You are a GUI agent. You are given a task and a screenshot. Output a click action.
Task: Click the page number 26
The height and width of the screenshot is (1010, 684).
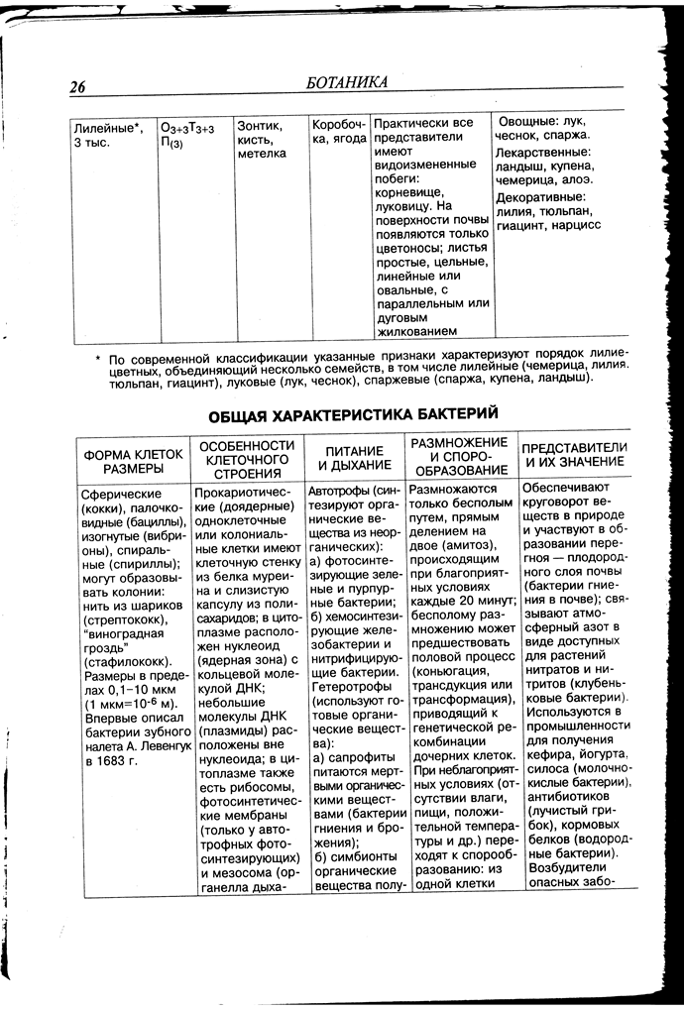(x=78, y=87)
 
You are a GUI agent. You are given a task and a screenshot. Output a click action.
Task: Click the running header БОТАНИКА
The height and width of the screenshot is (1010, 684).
(x=347, y=82)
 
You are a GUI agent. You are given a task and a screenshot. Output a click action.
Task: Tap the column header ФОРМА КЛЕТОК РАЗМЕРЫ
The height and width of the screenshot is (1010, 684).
(x=133, y=460)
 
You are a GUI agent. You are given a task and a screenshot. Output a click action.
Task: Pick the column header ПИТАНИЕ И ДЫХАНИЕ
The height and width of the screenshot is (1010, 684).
(x=353, y=457)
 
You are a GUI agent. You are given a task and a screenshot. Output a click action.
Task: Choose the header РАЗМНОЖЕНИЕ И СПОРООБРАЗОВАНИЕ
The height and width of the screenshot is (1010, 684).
(x=462, y=456)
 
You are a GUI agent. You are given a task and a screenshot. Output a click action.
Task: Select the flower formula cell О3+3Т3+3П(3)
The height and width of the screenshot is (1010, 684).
(x=188, y=135)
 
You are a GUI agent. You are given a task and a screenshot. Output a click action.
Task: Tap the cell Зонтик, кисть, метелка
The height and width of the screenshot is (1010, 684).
(x=262, y=139)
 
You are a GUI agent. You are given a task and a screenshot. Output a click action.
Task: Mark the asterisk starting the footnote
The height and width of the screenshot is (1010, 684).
(x=98, y=359)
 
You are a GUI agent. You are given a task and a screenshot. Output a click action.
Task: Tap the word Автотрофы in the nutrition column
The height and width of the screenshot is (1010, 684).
(x=340, y=491)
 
